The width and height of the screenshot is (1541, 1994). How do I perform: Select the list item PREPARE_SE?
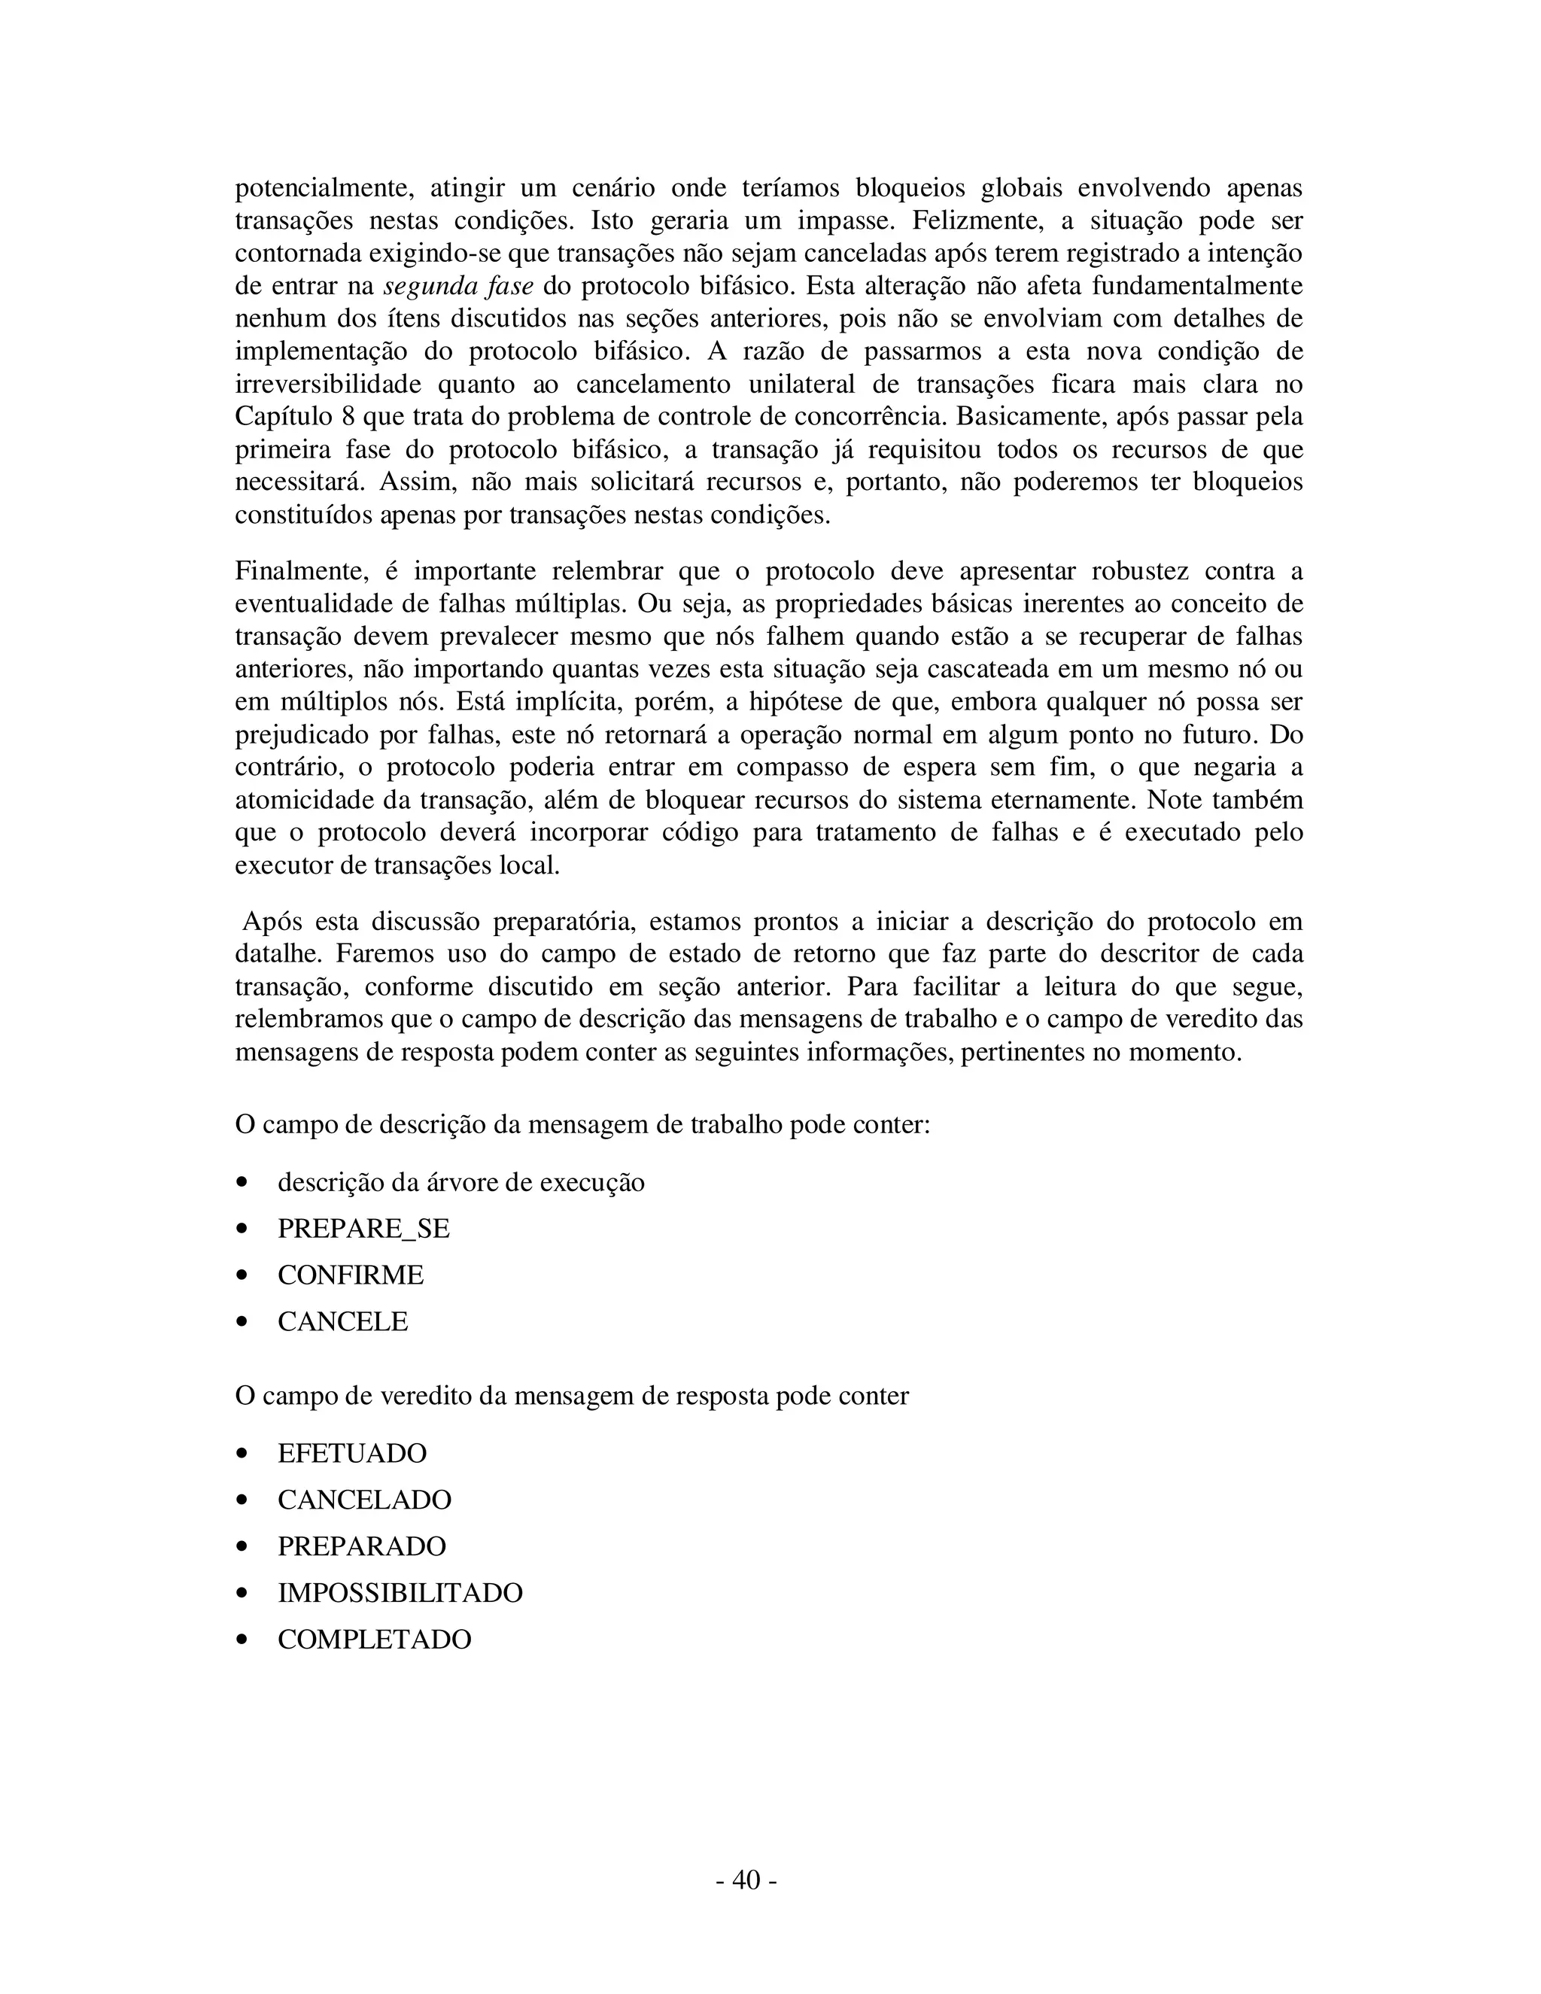tap(363, 1228)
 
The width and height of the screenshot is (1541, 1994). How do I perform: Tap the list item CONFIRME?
tap(351, 1275)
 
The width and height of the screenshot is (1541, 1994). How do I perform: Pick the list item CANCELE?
tap(342, 1321)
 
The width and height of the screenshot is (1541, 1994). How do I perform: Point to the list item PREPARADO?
tap(361, 1546)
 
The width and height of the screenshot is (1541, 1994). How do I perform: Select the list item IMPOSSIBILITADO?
tap(400, 1592)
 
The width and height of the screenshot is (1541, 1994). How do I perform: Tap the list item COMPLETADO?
tap(374, 1639)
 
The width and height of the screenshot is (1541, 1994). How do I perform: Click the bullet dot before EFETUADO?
tap(242, 1454)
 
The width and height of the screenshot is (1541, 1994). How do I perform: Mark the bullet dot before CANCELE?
tap(242, 1322)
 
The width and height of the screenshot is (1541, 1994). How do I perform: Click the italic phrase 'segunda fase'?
tap(458, 286)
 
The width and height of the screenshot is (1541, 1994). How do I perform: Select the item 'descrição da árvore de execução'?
tap(461, 1181)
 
